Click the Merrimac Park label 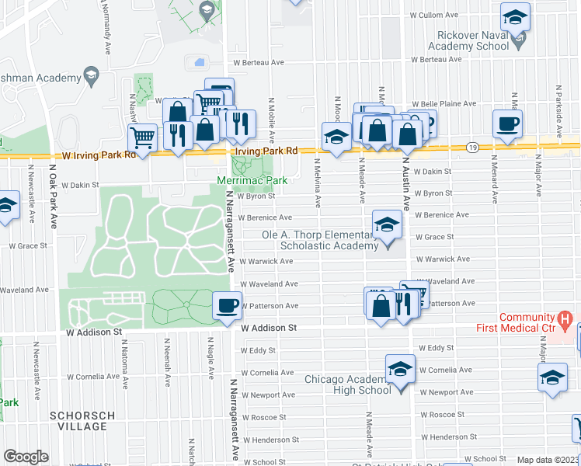point(252,181)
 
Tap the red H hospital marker point(565,318)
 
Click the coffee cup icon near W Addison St point(227,305)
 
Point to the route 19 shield point(471,147)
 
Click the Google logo point(26,457)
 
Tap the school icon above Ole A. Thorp point(386,225)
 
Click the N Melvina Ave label point(318,185)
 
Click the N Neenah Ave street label point(167,359)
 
